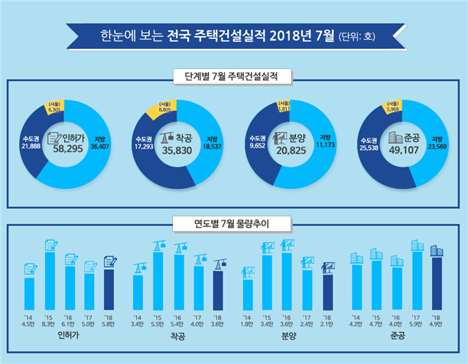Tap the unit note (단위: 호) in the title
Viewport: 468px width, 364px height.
(x=358, y=36)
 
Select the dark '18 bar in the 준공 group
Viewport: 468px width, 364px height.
(x=436, y=281)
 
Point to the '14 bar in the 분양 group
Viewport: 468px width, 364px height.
(x=247, y=292)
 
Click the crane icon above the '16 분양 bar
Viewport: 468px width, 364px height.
(x=288, y=245)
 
